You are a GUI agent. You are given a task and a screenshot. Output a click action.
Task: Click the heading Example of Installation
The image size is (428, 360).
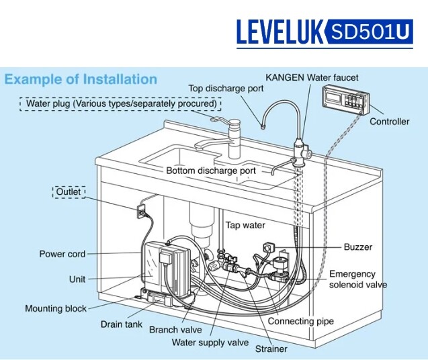coord(81,79)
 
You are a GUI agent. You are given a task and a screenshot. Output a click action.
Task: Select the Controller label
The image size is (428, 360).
coord(389,122)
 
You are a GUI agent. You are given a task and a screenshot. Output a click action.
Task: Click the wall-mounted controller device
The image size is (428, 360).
coord(346,101)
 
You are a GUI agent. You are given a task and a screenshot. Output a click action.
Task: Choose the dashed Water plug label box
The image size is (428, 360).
coord(121,104)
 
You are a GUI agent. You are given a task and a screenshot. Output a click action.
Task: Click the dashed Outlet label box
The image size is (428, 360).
coord(69,192)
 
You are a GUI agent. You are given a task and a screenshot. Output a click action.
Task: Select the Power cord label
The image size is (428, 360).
coord(62,255)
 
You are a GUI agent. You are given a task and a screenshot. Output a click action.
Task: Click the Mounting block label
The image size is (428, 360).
coord(56,309)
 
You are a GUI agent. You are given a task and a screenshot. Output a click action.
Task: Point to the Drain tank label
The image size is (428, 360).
coord(122,324)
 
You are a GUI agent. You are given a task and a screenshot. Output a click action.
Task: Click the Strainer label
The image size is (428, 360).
coord(271,349)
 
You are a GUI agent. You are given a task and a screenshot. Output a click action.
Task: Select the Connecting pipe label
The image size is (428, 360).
coord(300,321)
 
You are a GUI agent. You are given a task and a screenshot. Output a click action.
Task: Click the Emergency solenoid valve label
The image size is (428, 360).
coord(357,279)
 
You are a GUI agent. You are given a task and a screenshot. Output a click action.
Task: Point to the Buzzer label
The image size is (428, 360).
coord(357,247)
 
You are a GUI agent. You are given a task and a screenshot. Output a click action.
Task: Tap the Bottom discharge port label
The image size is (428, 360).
coord(211,171)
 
